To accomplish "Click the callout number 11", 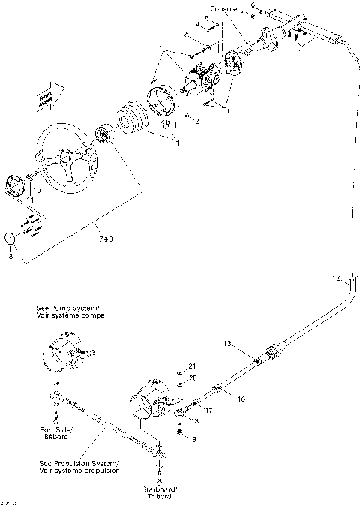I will click(x=31, y=201).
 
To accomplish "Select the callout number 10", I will click(x=36, y=190).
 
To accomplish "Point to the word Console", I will click(x=223, y=8).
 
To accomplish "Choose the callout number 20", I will click(x=192, y=378).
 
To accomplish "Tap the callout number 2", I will click(x=197, y=121).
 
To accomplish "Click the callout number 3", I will click(x=184, y=34).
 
